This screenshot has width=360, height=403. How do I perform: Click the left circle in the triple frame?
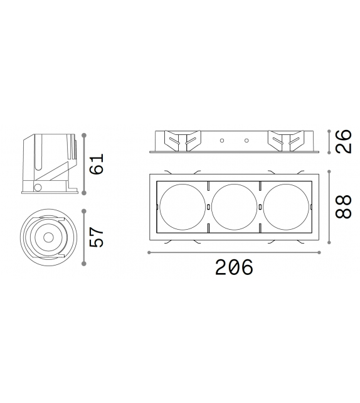click(182, 205)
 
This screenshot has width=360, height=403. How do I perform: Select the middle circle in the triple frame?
click(234, 205)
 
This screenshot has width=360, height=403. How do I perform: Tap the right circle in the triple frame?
click(285, 205)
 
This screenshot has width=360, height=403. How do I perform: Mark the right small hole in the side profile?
click(246, 139)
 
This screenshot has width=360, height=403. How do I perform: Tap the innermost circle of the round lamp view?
click(48, 237)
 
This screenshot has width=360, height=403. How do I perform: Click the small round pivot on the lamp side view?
click(38, 187)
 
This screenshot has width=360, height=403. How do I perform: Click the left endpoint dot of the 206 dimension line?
click(148, 252)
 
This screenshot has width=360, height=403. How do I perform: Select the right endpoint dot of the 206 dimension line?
click(320, 252)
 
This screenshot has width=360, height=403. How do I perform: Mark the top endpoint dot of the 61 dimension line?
click(83, 133)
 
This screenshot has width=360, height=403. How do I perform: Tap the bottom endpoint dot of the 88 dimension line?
click(330, 241)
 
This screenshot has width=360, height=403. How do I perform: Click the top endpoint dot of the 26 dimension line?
click(330, 130)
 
